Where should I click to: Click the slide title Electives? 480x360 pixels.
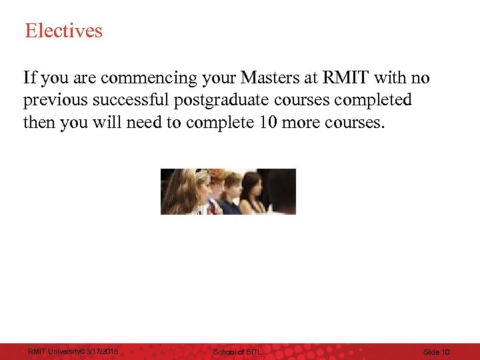coord(63,31)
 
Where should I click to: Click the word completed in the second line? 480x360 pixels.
coord(379,101)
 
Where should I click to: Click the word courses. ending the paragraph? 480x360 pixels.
coord(360,123)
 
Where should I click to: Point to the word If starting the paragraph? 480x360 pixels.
coord(29,79)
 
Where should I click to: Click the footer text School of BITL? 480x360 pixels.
coord(237,351)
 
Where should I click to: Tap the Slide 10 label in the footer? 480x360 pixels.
coord(437,351)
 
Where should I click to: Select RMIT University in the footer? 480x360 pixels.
coord(51,351)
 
